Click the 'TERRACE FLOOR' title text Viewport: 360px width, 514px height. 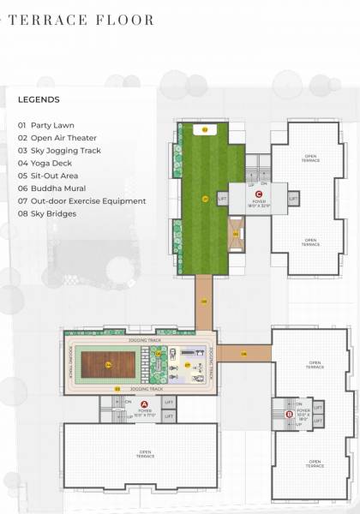(81, 19)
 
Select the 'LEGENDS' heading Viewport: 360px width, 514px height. (39, 99)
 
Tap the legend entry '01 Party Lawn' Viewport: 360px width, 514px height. (48, 125)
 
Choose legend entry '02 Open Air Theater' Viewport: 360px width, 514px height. (57, 138)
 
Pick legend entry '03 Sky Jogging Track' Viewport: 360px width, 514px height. (59, 151)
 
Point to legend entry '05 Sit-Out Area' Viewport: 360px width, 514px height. (51, 176)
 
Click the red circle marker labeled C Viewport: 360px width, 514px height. (258, 194)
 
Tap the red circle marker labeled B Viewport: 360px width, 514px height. (289, 415)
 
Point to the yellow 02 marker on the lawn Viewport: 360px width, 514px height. (204, 129)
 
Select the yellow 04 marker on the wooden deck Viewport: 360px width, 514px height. (108, 365)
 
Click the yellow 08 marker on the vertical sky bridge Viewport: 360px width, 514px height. (204, 302)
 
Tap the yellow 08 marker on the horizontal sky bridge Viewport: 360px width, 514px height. (243, 353)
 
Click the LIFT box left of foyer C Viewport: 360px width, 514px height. (223, 199)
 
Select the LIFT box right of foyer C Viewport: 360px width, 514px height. (294, 199)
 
